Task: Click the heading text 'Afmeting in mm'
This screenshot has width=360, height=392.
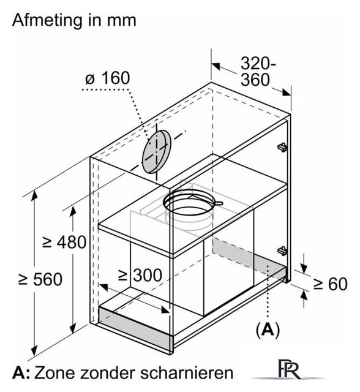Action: tap(74, 20)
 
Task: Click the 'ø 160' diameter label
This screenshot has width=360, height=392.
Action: tap(108, 78)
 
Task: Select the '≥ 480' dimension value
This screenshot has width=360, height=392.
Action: tap(64, 242)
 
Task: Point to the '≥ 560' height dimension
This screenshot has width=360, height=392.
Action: tap(40, 279)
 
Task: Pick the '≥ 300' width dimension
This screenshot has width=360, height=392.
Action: tap(140, 275)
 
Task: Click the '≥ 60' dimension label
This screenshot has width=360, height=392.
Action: tap(330, 284)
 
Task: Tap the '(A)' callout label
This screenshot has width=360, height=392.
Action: tap(268, 330)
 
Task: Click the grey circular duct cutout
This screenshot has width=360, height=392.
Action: tap(157, 152)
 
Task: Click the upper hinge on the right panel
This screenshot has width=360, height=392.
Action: tap(282, 147)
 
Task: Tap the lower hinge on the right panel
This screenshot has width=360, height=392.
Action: tap(282, 251)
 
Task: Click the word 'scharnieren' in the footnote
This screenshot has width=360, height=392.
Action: tap(186, 373)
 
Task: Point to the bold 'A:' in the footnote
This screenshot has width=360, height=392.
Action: tap(21, 373)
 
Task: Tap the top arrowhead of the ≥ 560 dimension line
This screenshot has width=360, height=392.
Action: tap(34, 195)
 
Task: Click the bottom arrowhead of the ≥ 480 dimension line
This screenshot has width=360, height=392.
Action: tap(73, 328)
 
